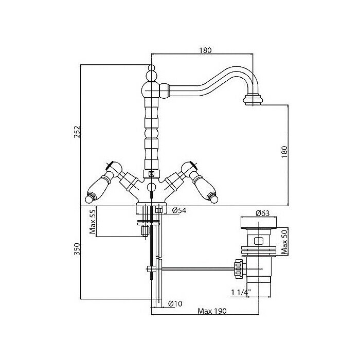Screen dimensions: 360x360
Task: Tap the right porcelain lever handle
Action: [x=204, y=187]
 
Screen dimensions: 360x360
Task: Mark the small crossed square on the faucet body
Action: [x=151, y=174]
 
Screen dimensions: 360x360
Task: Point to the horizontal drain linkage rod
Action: [x=195, y=268]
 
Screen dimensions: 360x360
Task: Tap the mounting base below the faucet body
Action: [x=151, y=208]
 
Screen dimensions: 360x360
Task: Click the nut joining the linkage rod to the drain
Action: [x=238, y=267]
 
